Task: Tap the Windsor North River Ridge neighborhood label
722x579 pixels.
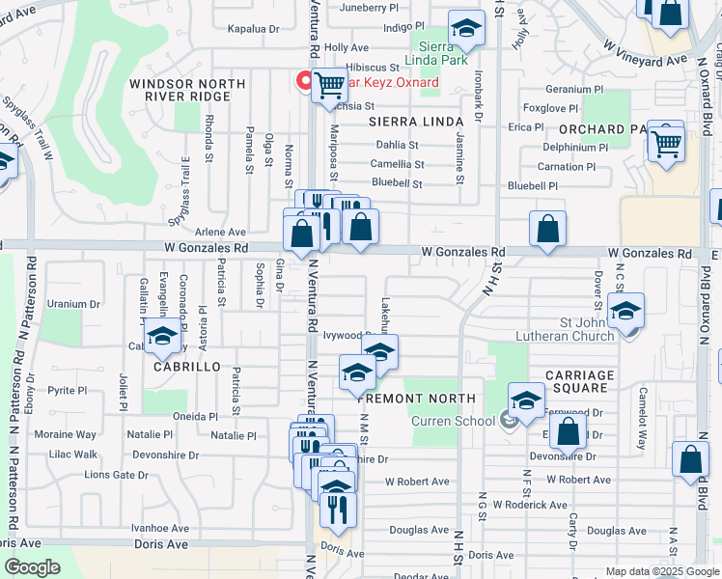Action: coord(187,90)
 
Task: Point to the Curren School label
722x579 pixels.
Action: coord(453,421)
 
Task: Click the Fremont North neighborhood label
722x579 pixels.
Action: coord(418,399)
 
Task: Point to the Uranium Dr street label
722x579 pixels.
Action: coord(73,303)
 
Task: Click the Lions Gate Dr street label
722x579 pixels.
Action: coord(116,475)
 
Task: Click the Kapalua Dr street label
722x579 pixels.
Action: coord(253,29)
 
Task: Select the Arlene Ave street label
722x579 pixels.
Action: coord(221,232)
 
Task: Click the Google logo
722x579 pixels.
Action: coord(32,567)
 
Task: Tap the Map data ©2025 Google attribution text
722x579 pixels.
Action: coord(661,571)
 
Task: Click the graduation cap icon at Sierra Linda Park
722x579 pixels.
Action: coord(466,30)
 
